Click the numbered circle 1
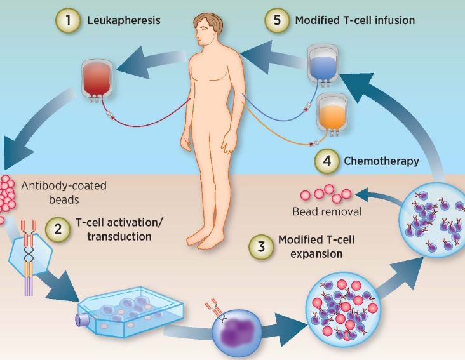tap(68, 20)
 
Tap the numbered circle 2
tap(58, 229)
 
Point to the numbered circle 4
tap(325, 161)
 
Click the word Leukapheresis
tap(123, 20)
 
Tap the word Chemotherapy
tap(381, 161)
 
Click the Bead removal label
tap(327, 211)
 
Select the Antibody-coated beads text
tap(64, 192)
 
